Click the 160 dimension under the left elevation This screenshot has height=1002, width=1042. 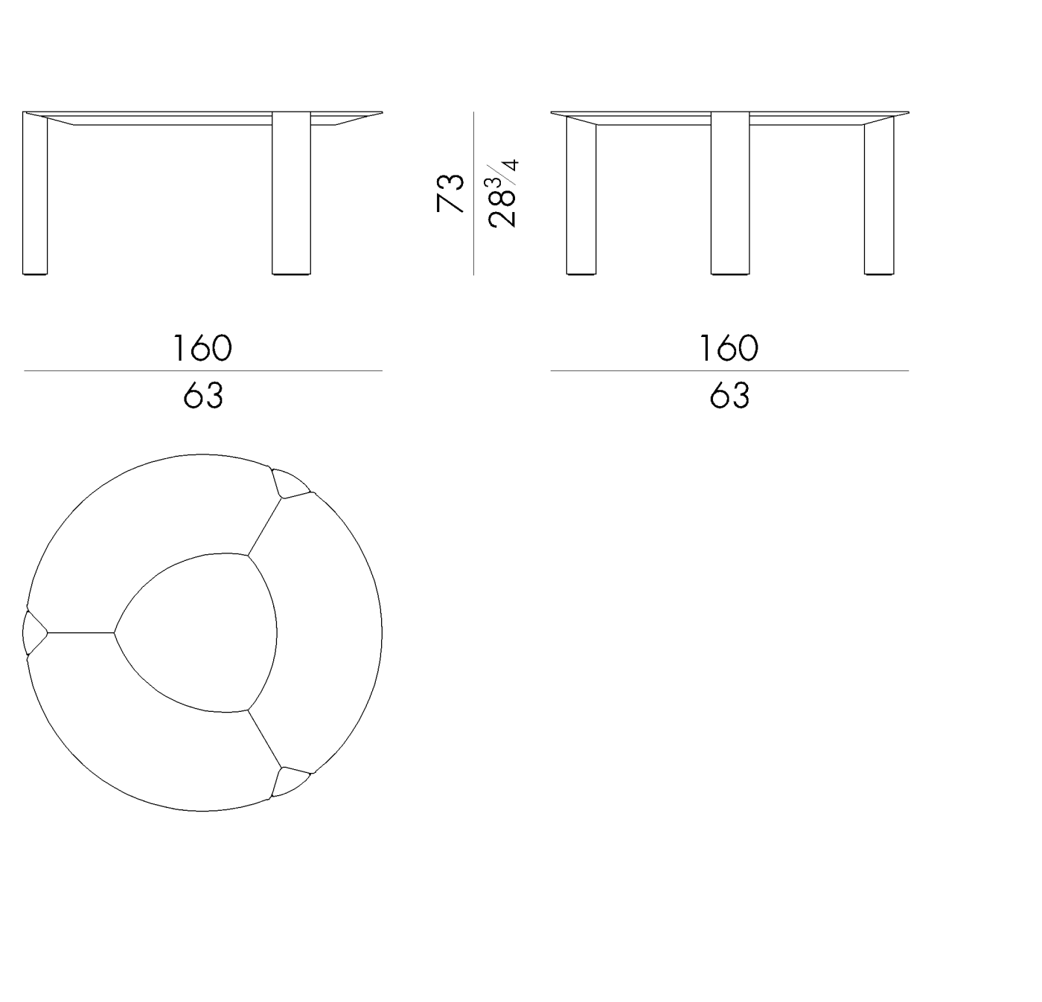pyautogui.click(x=202, y=348)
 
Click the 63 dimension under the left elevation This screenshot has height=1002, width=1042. pyautogui.click(x=202, y=395)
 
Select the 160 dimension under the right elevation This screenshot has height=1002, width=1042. pyautogui.click(x=729, y=348)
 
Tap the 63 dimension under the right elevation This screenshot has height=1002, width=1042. pyautogui.click(x=729, y=395)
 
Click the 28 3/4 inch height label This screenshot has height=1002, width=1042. pyautogui.click(x=504, y=193)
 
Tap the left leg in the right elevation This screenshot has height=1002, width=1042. pyautogui.click(x=581, y=197)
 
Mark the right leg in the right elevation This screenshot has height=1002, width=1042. pyautogui.click(x=878, y=197)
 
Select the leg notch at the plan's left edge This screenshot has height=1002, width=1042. pyautogui.click(x=33, y=633)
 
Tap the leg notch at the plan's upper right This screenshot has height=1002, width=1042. pyautogui.click(x=289, y=483)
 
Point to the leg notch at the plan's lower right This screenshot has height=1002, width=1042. pyautogui.click(x=289, y=782)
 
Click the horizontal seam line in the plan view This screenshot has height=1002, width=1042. pyautogui.click(x=80, y=633)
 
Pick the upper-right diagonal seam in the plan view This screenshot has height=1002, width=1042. pyautogui.click(x=265, y=525)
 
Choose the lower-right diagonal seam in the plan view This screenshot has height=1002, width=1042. pyautogui.click(x=265, y=739)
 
